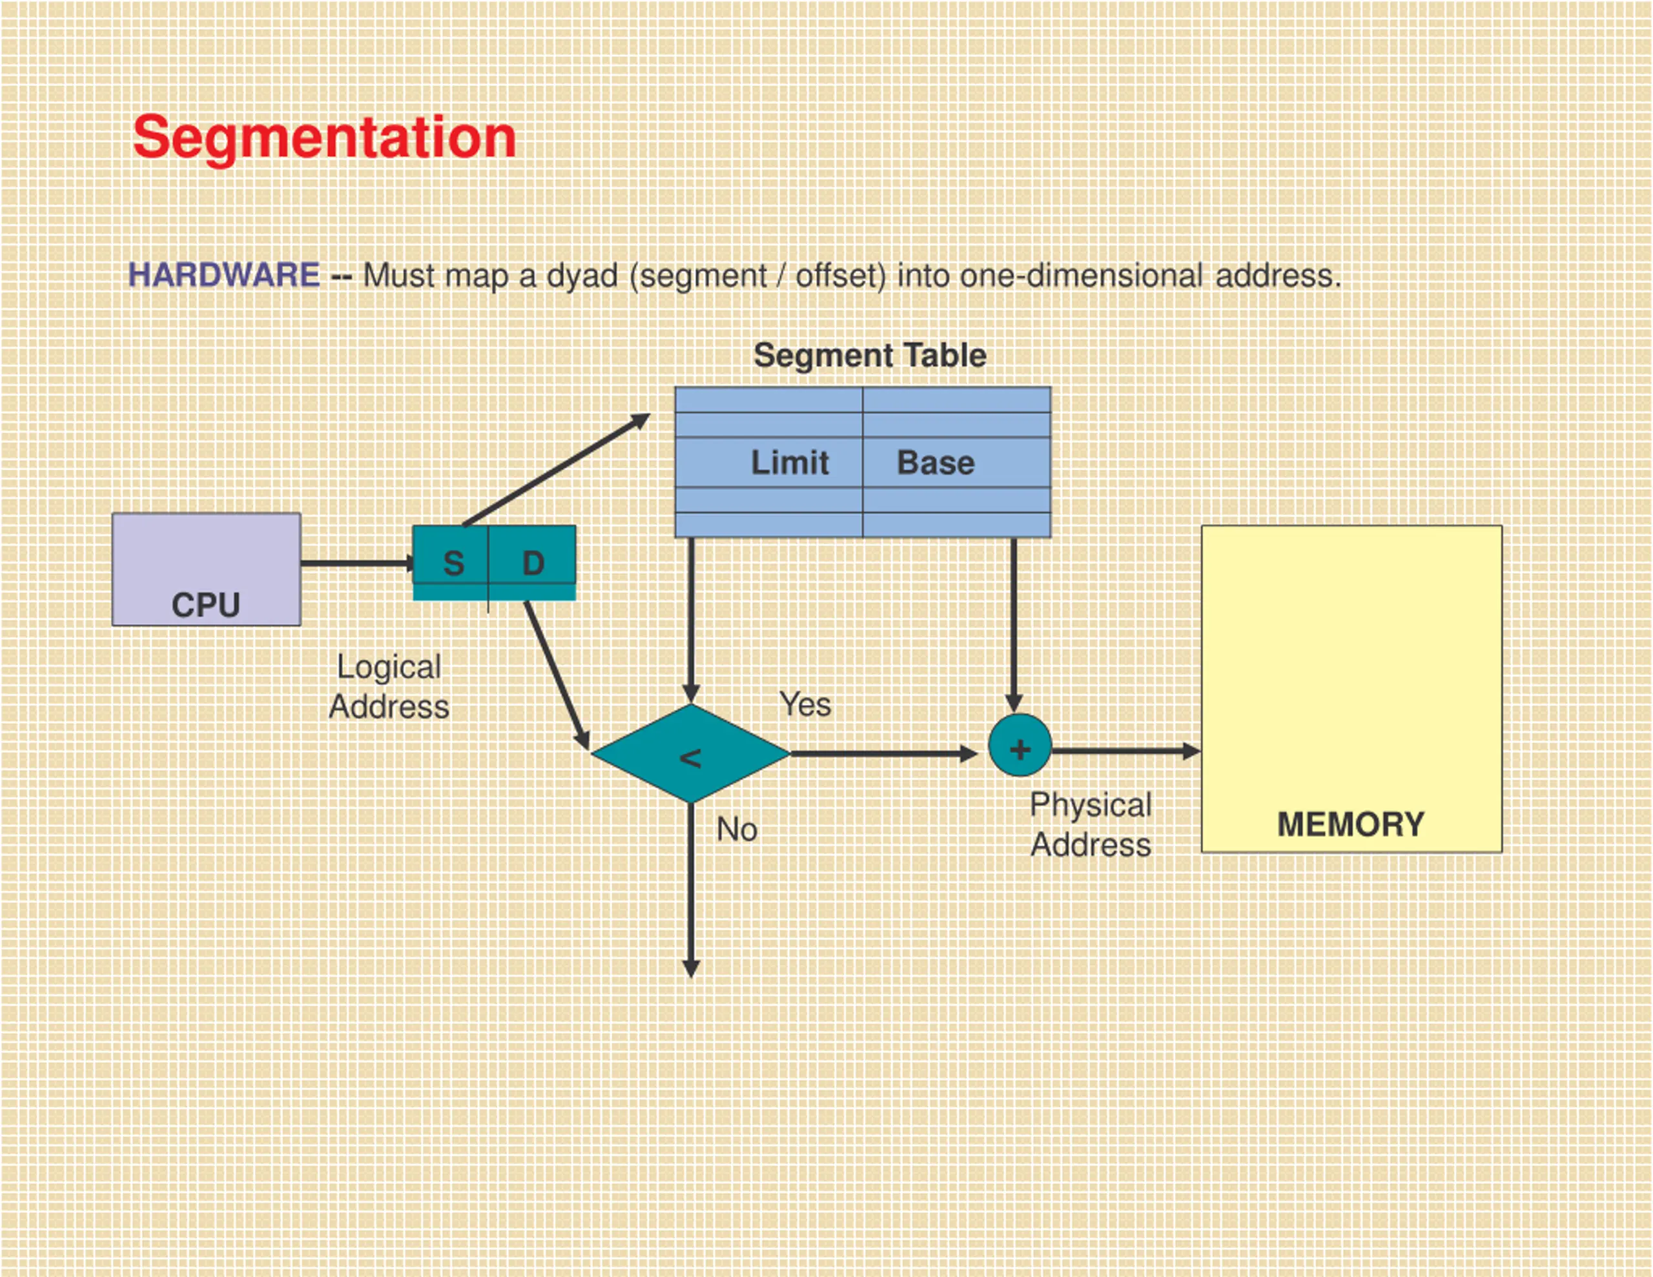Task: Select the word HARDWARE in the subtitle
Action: [224, 275]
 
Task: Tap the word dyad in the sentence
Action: [582, 276]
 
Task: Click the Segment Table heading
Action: [870, 355]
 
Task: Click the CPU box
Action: [207, 569]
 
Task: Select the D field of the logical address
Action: [532, 562]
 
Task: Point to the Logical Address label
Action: [389, 686]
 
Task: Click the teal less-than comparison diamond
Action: [690, 754]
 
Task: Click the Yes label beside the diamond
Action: [805, 705]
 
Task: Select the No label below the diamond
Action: [737, 830]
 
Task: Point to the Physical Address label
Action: [1091, 824]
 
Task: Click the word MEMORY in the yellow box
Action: [1351, 824]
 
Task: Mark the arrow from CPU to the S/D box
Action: [358, 563]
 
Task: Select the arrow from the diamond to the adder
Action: [884, 754]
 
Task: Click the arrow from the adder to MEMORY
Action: [1126, 751]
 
